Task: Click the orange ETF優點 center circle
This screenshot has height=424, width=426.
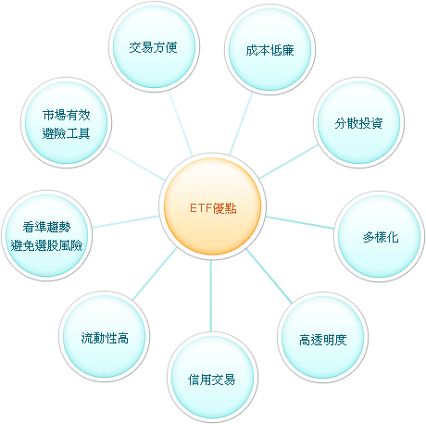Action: click(x=212, y=206)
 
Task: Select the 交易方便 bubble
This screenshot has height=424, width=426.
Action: click(x=154, y=46)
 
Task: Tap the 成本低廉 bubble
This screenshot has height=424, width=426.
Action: click(x=270, y=49)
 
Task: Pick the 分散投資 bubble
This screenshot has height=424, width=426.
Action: click(x=358, y=122)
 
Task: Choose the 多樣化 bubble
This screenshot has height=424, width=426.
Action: click(x=380, y=236)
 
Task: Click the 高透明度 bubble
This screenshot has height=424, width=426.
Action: click(x=322, y=337)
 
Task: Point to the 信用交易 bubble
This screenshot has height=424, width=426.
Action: click(x=212, y=378)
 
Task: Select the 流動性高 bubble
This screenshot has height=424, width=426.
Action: click(x=105, y=337)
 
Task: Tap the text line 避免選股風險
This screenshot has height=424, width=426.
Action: click(x=46, y=245)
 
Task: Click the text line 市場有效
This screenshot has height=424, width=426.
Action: click(x=66, y=115)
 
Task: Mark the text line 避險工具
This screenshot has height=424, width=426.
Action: click(x=66, y=133)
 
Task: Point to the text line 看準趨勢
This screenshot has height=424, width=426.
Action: click(x=46, y=227)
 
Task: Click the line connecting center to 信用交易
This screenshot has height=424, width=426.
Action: click(x=211, y=296)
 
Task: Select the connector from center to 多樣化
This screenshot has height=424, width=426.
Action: click(x=300, y=222)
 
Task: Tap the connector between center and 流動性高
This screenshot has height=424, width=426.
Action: click(x=155, y=274)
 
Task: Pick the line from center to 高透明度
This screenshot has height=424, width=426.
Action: click(x=269, y=276)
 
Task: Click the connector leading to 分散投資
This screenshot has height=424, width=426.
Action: click(x=289, y=162)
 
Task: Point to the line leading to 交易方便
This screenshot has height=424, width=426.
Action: click(x=181, y=124)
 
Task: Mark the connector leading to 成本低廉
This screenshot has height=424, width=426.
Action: click(x=241, y=124)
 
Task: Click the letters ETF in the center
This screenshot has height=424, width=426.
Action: click(x=201, y=208)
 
